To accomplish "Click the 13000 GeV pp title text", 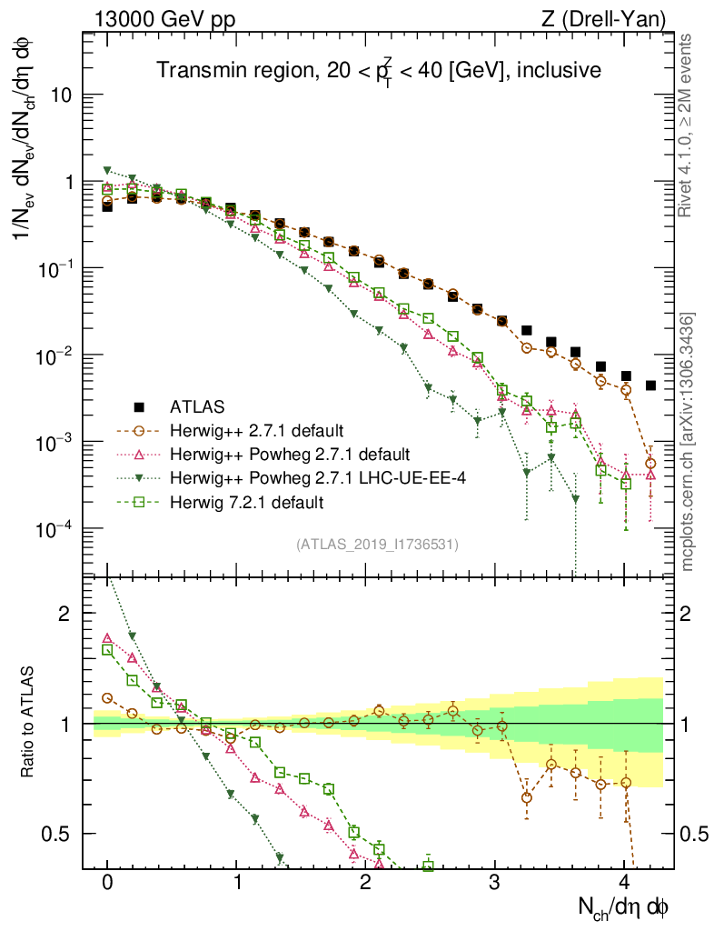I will (x=164, y=17).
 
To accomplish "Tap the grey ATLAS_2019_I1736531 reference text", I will (x=377, y=545).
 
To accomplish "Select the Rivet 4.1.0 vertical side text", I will (x=687, y=127).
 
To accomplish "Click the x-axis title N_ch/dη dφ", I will (x=624, y=906).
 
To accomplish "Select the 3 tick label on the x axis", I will (x=495, y=881).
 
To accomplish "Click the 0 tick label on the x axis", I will (x=107, y=881).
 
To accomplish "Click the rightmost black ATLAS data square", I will (x=650, y=385).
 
